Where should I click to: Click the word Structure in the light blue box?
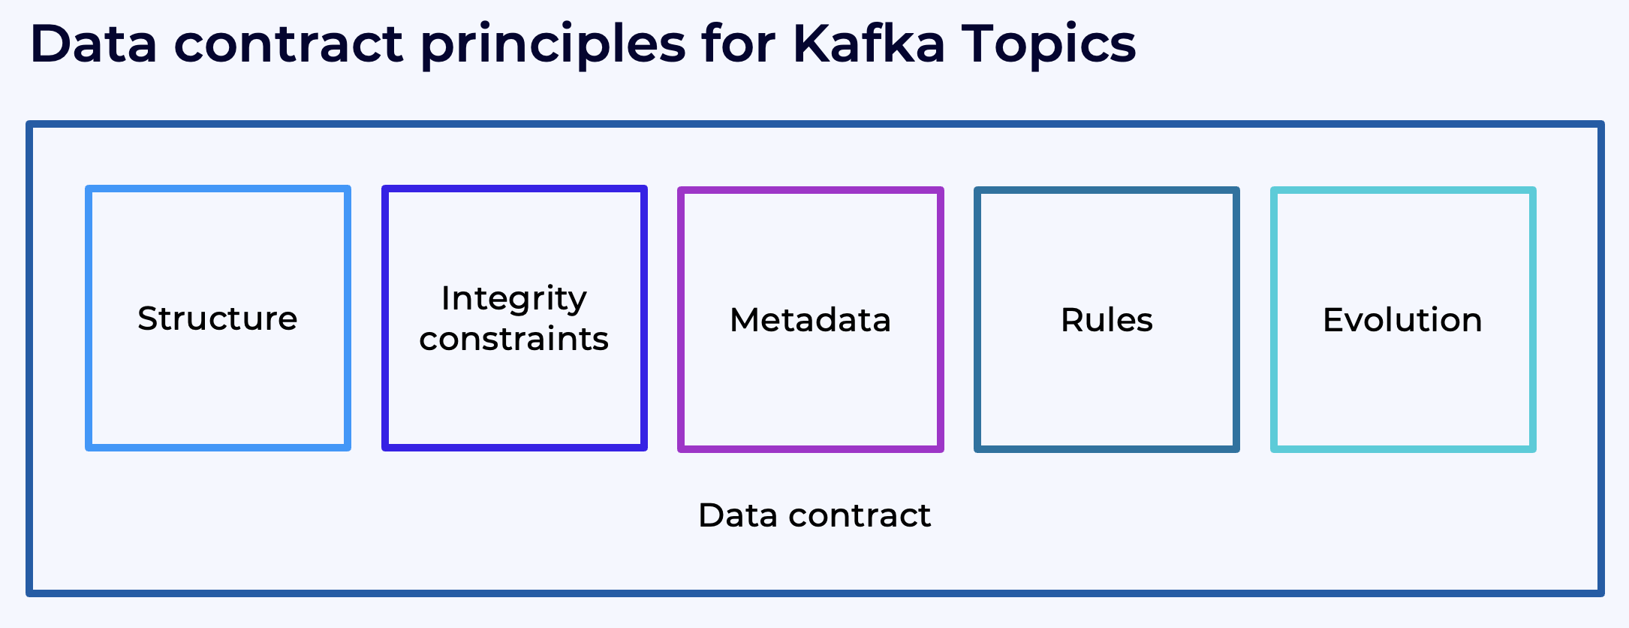[x=217, y=319]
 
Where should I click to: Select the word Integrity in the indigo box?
[x=513, y=299]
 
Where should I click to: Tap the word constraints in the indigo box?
[x=513, y=339]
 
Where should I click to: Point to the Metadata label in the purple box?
[x=810, y=320]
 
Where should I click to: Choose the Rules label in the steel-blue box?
[x=1107, y=320]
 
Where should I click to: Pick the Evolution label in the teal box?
[x=1402, y=320]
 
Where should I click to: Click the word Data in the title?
[x=94, y=44]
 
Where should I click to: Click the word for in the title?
[x=739, y=44]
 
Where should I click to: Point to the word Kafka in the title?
[x=869, y=44]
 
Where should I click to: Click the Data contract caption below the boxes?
[x=814, y=515]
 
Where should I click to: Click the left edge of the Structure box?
[x=89, y=319]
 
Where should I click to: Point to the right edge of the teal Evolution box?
[x=1532, y=320]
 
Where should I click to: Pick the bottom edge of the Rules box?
[x=1107, y=448]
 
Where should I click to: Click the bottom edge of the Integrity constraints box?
[x=513, y=447]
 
